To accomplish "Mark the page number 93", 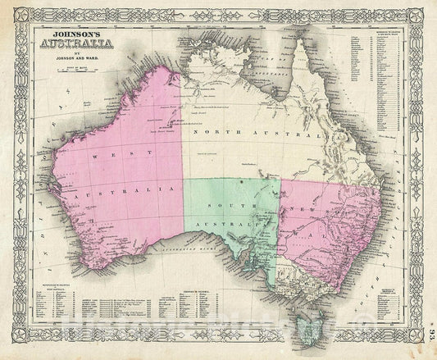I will pyautogui.click(x=430, y=336).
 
